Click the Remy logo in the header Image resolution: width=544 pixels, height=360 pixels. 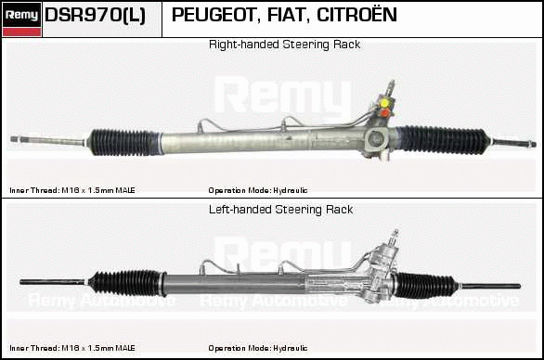[x=22, y=19]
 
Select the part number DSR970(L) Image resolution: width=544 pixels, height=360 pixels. [x=95, y=15]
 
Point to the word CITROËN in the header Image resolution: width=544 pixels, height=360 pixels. [x=356, y=14]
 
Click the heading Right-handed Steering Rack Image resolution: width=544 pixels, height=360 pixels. [x=284, y=45]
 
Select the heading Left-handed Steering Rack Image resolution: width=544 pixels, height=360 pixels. [x=280, y=210]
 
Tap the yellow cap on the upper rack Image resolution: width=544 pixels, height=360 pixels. [x=384, y=103]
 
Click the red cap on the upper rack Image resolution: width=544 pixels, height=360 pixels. [x=384, y=113]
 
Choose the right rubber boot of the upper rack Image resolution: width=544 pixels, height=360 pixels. [x=442, y=139]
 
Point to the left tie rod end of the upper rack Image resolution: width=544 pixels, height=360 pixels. [x=14, y=139]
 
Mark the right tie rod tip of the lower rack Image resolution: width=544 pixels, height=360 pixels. [x=520, y=286]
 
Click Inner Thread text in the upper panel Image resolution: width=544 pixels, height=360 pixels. [x=72, y=190]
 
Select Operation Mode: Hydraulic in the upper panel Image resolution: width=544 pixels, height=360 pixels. [x=258, y=190]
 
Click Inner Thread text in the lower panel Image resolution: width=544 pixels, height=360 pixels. [x=72, y=348]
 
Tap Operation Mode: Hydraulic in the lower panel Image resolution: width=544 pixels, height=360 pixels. [x=258, y=348]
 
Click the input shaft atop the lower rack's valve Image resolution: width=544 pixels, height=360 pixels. [x=395, y=238]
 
